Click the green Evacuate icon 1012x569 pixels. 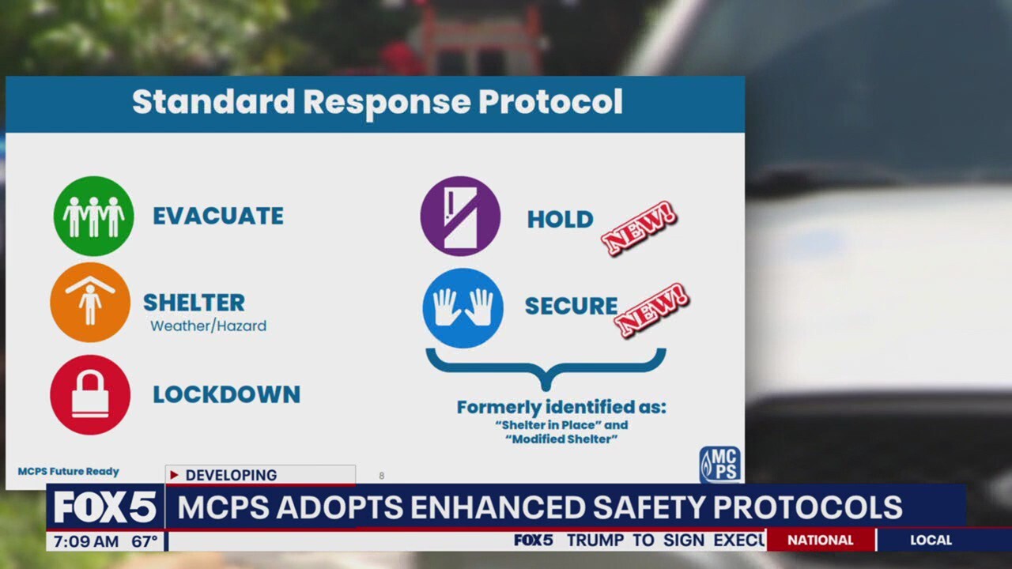point(93,216)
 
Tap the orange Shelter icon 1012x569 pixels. point(90,303)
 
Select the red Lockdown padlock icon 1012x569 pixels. point(90,394)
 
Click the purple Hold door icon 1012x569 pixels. point(460,216)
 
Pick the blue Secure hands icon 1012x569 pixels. point(463,307)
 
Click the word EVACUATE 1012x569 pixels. point(218,217)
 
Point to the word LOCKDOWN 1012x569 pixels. point(226,394)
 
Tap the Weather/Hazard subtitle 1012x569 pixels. point(208,326)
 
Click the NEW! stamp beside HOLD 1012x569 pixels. point(639,228)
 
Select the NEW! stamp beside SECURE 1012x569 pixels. point(652,310)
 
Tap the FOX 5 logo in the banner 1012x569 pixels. point(104,507)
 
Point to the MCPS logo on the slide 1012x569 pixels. point(719,465)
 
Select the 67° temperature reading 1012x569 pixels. point(144,541)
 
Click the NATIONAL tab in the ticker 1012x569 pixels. point(820,541)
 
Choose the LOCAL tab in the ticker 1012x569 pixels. point(931,541)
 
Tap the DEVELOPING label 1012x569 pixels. point(231,475)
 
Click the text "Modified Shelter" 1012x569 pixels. point(562,439)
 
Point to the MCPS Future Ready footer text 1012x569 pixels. point(68,472)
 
